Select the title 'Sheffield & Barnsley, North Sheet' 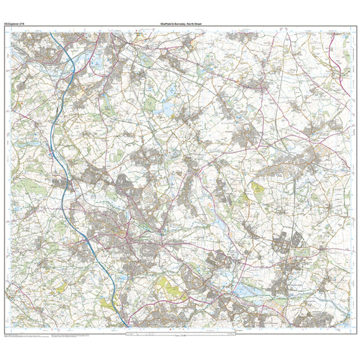coord(180,25)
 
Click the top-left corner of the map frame coord(11,30)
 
